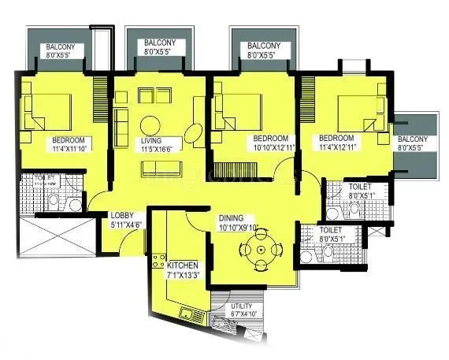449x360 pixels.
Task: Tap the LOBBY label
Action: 121,215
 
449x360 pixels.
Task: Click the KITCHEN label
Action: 182,265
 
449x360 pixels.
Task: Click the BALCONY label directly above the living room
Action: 165,43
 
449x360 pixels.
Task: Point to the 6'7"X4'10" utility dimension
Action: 244,314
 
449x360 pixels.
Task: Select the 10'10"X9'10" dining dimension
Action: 241,228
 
